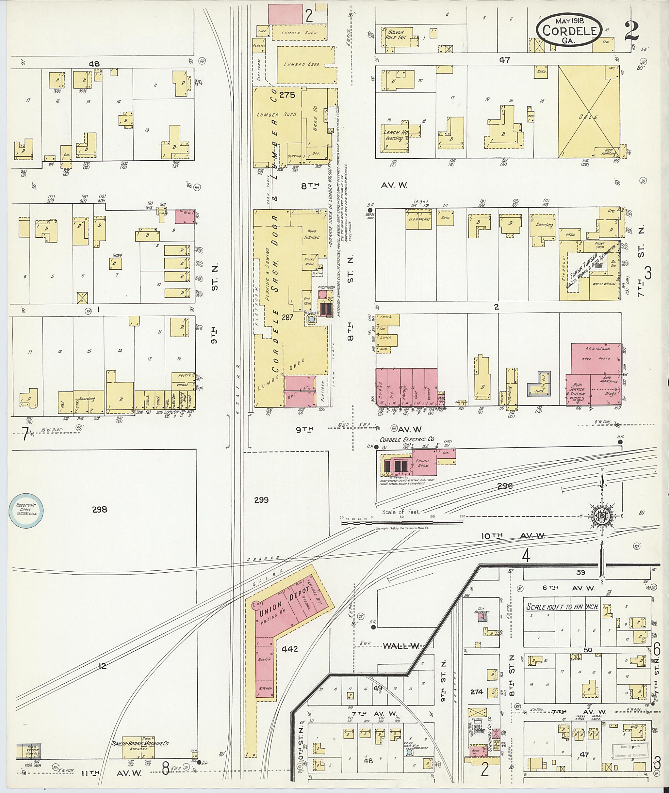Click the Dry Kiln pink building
pyautogui.click(x=300, y=391)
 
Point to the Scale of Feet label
pyautogui.click(x=401, y=512)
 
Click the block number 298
pyautogui.click(x=99, y=510)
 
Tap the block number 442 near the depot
pyautogui.click(x=290, y=649)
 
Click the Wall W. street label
pyautogui.click(x=401, y=646)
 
